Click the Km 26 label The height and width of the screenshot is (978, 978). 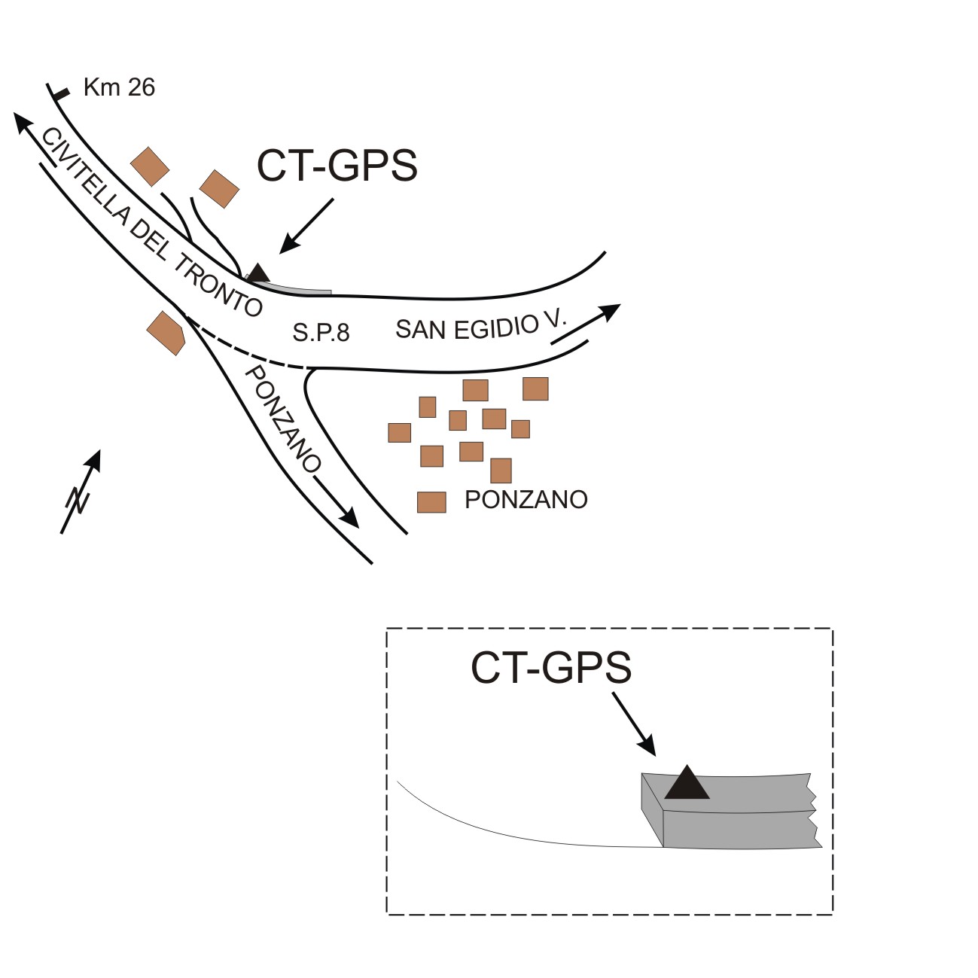point(119,87)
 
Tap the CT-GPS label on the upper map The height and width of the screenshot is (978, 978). point(337,166)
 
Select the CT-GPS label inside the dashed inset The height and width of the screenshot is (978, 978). point(550,667)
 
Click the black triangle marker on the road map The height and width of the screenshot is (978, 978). point(257,273)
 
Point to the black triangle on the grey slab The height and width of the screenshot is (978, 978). point(687,783)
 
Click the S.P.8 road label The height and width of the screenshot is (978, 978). point(321,332)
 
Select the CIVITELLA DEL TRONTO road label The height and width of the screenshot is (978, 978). point(151,222)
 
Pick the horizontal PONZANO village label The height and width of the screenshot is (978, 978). point(526,499)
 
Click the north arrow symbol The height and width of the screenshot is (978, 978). point(81,492)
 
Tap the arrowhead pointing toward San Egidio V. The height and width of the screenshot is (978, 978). point(610,311)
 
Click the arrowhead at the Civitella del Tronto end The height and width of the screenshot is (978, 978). point(23,123)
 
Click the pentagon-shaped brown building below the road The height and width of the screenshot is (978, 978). point(166,333)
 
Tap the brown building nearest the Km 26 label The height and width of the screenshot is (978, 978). point(150,166)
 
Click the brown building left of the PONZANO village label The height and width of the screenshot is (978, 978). point(431,501)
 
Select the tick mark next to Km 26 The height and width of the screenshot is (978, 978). point(59,93)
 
